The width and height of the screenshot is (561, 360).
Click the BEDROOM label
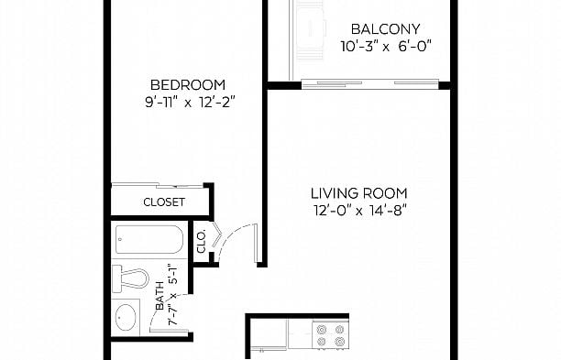pos(188,85)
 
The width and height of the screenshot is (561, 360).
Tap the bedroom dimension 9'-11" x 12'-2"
pos(190,103)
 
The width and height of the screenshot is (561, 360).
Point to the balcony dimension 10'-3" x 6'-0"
pos(386,47)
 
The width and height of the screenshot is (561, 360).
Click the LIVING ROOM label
pos(358,193)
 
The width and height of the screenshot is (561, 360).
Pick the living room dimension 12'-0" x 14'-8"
pos(360,211)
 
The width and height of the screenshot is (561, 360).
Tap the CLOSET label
pos(164,202)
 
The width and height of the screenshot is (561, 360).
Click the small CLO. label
pos(202,242)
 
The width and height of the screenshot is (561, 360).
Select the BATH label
pos(159,297)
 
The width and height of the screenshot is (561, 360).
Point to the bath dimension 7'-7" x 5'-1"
pos(173,295)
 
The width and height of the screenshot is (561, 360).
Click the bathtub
pos(149,239)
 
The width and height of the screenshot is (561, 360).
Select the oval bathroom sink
pos(126,317)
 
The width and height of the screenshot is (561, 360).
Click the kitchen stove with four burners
pos(331,335)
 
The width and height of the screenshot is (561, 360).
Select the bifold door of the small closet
pos(217,235)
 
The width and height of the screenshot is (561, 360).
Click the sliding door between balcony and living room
pos(370,84)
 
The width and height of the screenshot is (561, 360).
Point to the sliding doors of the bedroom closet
pos(158,185)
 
